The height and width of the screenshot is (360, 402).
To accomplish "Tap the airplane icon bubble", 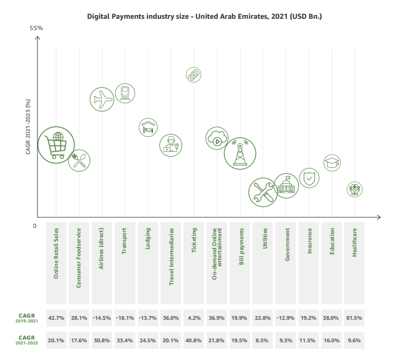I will [101, 99].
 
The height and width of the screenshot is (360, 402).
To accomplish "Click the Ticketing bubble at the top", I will [194, 75].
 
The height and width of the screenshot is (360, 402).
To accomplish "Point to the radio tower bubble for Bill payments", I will [239, 153].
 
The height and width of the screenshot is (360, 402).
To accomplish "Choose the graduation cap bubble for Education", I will [332, 163].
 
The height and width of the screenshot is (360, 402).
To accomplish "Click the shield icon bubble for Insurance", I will [309, 178].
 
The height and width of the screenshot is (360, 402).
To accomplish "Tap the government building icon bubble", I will [286, 186].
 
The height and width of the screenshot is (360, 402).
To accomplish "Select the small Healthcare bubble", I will [354, 188].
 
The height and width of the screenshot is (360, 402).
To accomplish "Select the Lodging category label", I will [148, 239].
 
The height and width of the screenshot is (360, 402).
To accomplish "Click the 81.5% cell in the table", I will [354, 318].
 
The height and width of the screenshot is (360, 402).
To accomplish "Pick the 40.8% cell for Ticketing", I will [193, 341].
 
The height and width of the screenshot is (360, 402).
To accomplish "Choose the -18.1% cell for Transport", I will [125, 318].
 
